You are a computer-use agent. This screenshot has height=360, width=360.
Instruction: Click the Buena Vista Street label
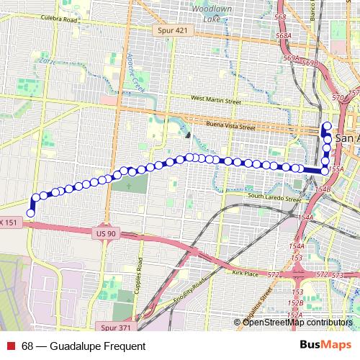coord(231,126)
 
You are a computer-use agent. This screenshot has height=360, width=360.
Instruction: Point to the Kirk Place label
coord(245,274)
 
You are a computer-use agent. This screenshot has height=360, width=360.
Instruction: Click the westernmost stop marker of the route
coord(30,212)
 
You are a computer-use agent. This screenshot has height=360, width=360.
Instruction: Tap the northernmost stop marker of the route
coord(328,127)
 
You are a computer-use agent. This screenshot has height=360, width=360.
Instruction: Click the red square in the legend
coord(11,346)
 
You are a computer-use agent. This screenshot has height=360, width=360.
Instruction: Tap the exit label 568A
coord(283,35)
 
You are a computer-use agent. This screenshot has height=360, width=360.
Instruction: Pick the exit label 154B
coord(323,189)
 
